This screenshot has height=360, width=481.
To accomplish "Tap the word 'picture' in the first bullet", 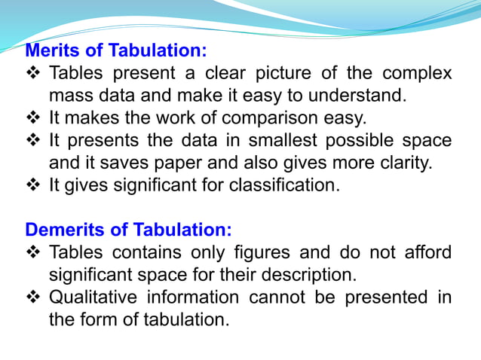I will pyautogui.click(x=297, y=74).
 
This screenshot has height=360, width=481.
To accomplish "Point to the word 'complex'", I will pyautogui.click(x=417, y=74).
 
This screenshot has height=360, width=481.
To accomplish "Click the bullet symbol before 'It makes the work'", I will pyautogui.click(x=33, y=118).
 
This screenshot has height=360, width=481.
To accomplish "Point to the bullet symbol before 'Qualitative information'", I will pyautogui.click(x=33, y=297).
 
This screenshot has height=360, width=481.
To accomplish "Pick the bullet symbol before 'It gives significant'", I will pyautogui.click(x=33, y=185).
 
